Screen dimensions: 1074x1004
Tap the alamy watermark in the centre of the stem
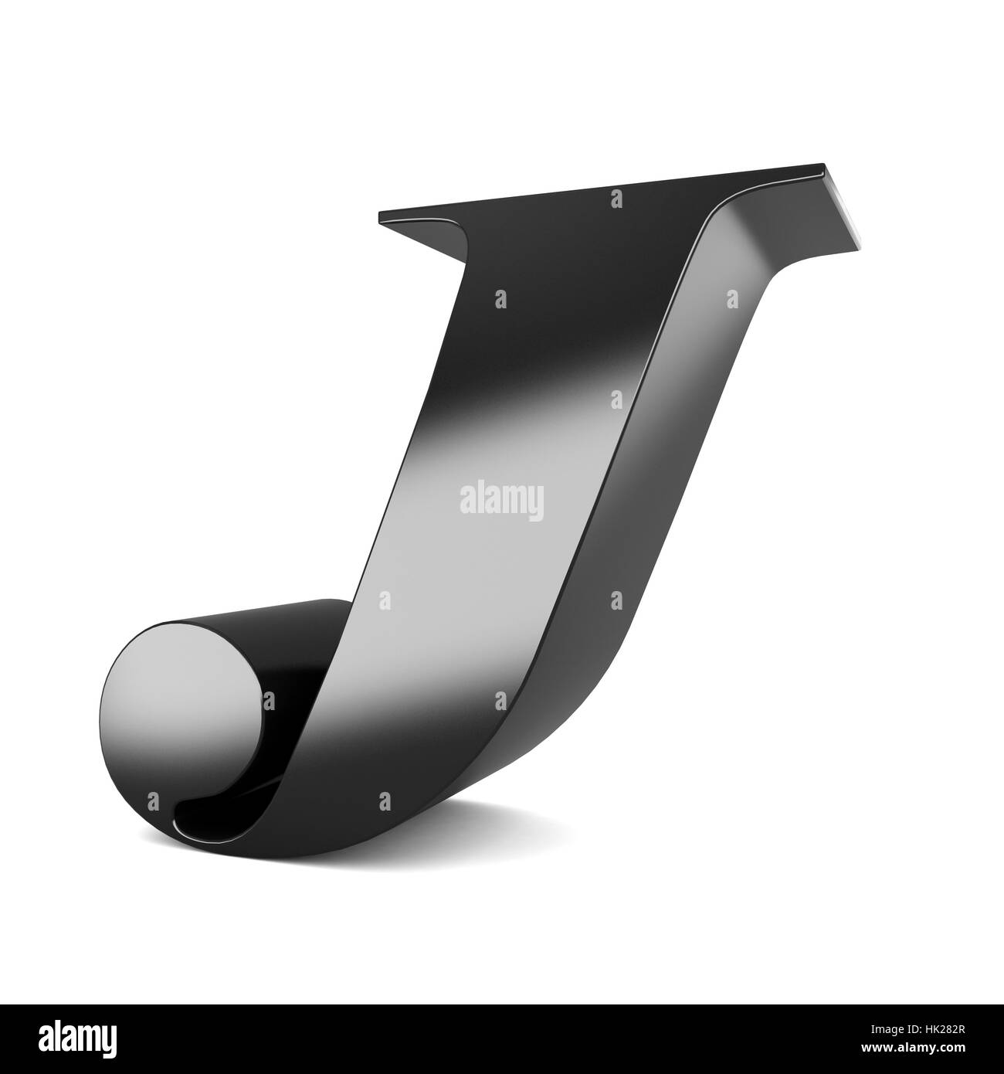[x=502, y=501]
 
